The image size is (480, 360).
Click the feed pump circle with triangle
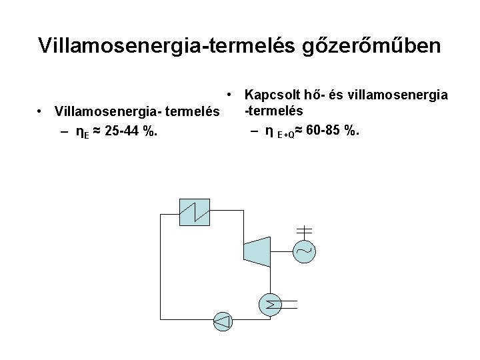(223, 321)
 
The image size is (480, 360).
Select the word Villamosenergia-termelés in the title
(166, 45)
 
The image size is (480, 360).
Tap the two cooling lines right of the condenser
(294, 305)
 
